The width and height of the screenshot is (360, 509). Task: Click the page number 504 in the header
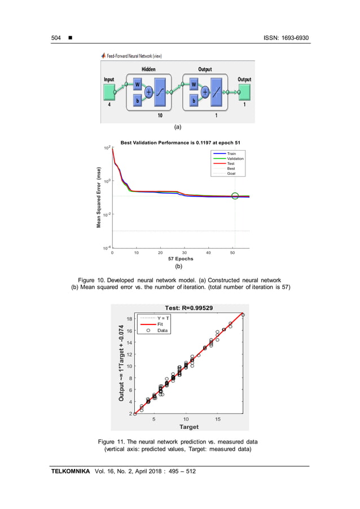pos(56,38)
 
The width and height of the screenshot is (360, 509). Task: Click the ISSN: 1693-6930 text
pos(286,38)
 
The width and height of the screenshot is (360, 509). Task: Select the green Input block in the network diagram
pos(109,90)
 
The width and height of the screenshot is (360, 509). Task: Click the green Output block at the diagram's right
pos(244,90)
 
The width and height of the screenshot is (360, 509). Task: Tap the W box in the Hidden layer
pos(137,85)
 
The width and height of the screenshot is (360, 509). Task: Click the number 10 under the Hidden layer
pos(160,115)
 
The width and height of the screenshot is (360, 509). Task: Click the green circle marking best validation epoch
pos(235,196)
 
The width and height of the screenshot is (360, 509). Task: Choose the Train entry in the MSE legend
pos(231,153)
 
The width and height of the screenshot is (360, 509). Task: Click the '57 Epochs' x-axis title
pos(181,259)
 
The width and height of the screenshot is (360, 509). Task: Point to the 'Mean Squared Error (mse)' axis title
pos(99,197)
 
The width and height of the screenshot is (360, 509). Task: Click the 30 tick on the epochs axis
pos(185,253)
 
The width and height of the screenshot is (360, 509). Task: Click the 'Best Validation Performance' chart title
pos(181,142)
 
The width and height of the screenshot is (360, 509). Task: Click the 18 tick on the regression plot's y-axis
pos(129,319)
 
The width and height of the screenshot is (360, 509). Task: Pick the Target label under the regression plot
pos(188,427)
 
